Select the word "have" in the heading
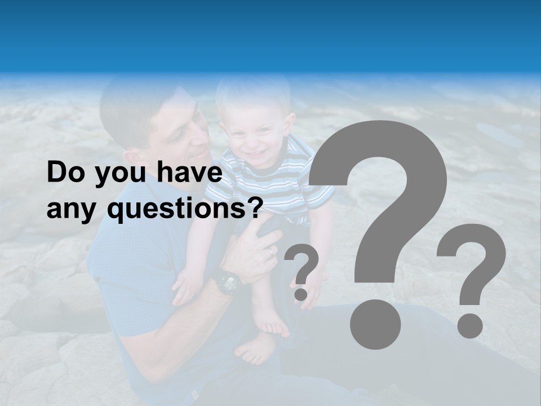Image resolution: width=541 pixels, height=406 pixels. pos(189,173)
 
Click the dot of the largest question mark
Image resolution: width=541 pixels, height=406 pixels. pos(375,323)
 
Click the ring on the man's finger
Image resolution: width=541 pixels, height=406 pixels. pos(272,251)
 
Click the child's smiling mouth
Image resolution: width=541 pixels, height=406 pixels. pos(256,153)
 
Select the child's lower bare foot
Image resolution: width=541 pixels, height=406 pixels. pos(256,349)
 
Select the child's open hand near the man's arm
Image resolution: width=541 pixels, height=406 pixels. pos(186,285)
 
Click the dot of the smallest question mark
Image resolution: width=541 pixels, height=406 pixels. pos(301,294)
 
